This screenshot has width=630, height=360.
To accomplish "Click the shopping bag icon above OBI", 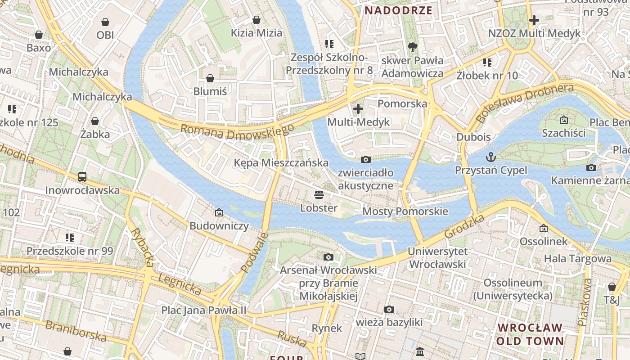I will tap(105, 22).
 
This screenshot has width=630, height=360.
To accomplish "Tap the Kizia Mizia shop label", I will tap(256, 33).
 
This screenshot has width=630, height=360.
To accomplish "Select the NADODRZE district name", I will tap(398, 11).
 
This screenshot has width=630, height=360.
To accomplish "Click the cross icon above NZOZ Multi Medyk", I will tap(534, 20).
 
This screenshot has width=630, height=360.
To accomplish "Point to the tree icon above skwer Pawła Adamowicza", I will tap(412, 47).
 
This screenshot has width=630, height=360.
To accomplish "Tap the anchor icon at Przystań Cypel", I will tap(490, 157).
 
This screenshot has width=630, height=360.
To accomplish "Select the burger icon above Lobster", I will tap(319, 195).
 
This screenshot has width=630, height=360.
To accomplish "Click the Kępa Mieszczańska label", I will tap(281, 162).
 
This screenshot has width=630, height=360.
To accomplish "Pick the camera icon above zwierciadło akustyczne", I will tap(366, 159).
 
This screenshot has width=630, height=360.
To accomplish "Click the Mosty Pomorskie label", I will tap(405, 211).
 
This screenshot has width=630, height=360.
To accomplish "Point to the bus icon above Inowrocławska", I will tap(82, 177).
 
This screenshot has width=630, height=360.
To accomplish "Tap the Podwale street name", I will tap(254, 252).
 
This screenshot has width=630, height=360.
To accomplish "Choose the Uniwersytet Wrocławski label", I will tap(438, 258).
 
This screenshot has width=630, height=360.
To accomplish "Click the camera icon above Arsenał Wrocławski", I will tap(328, 257).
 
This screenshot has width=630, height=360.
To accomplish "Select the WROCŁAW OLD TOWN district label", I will tap(530, 334).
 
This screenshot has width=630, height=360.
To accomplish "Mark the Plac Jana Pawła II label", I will tap(204, 310).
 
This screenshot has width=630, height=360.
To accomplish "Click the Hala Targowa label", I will tap(578, 258).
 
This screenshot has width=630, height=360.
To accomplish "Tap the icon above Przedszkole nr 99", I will tap(69, 237).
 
